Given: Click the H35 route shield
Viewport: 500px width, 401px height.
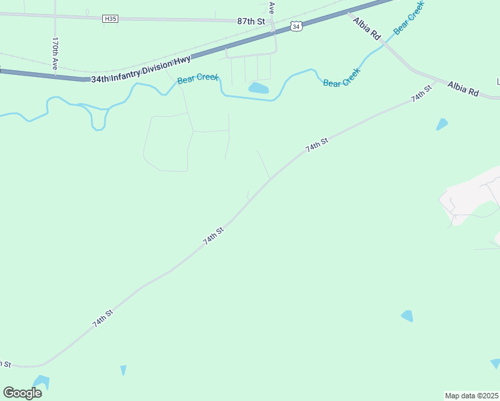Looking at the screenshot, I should coord(111,19).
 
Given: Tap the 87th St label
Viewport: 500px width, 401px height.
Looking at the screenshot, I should coord(251,21).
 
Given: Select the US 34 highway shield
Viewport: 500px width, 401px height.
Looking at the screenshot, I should coord(297,26).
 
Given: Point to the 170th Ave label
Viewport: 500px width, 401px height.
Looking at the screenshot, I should coord(55,53).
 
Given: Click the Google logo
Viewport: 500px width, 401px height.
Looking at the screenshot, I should coord(22,393).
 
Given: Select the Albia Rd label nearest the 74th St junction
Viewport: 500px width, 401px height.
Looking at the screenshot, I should coord(463,89).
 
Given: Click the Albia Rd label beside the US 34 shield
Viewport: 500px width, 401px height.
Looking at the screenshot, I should coord(367,30).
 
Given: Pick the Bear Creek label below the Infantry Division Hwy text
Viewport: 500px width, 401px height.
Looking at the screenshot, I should coord(198,79).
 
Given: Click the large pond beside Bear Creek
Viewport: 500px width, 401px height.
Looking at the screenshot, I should coord(258,88).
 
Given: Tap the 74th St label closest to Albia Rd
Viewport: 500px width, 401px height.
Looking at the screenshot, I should coord(418,97).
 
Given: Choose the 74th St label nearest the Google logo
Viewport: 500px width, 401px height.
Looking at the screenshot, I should coord(103,318).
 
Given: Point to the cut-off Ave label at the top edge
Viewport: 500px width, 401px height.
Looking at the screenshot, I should coord(271,7).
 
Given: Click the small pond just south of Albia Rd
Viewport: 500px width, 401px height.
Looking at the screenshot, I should coord(441,124).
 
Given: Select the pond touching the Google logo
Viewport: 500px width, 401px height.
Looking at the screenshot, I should coord(40,382).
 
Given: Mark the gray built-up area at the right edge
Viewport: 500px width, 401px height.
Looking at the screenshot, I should coord(471,197).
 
